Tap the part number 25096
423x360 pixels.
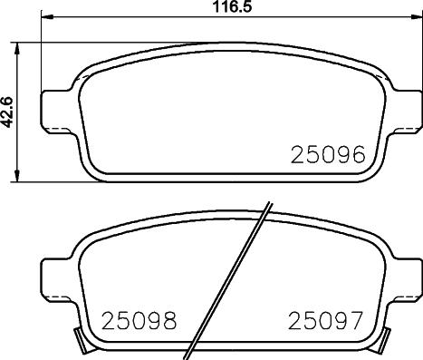(327, 155)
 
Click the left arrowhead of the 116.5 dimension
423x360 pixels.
(47, 18)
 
